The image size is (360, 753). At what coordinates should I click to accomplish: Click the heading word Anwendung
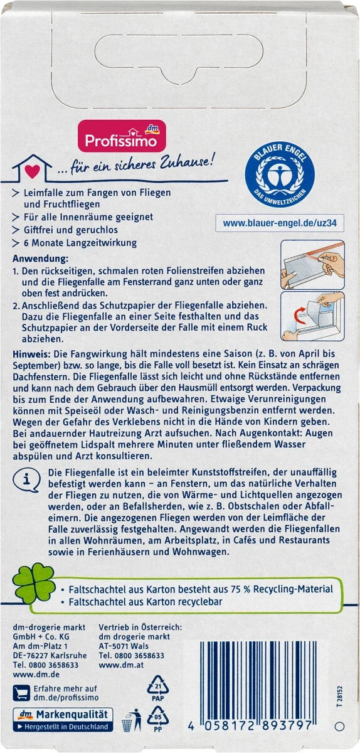pos(40,259)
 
